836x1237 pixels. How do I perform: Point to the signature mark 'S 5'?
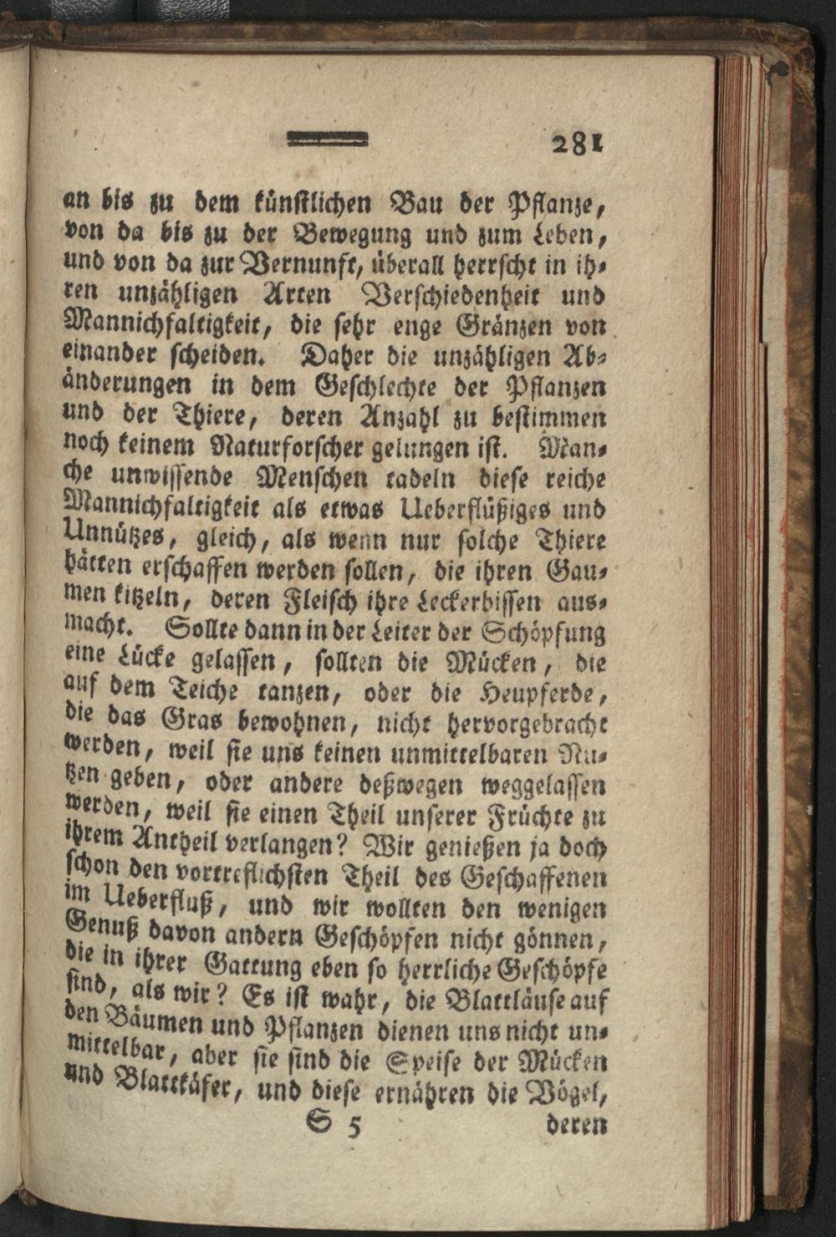[x=334, y=1125]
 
